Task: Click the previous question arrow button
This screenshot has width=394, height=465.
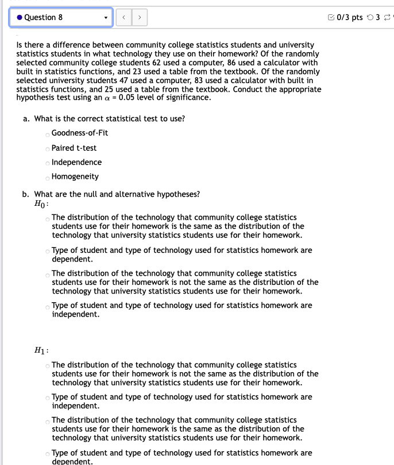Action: pos(123,17)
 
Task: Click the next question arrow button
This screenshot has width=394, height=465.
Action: pos(138,17)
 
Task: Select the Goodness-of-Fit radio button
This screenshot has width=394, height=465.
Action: pos(47,134)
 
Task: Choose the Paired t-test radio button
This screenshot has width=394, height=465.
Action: pos(47,149)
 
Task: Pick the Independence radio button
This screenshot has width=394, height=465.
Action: pos(47,163)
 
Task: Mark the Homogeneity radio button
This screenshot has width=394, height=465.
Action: pos(47,177)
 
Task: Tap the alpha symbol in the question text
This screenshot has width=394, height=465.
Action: pos(108,97)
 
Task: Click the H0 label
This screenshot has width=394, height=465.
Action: pos(41,204)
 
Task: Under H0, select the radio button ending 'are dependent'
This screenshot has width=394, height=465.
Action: pos(47,251)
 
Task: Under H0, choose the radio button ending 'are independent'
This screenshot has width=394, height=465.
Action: pos(47,306)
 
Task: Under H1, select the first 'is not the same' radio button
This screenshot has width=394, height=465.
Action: pos(47,366)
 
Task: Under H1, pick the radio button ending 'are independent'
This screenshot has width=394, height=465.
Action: pos(47,398)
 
